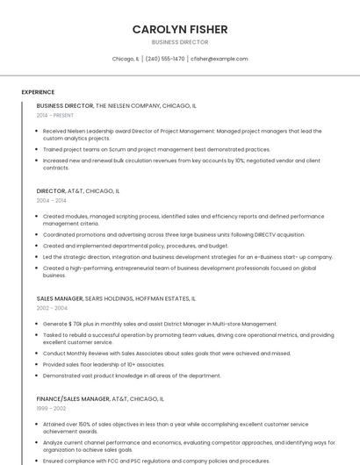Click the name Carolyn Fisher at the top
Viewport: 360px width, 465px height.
click(x=180, y=29)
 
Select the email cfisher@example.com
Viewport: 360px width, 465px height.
click(x=219, y=59)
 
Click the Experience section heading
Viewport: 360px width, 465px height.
click(x=38, y=92)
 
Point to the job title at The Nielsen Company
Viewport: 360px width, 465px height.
click(x=65, y=105)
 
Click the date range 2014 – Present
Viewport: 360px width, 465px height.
click(x=55, y=115)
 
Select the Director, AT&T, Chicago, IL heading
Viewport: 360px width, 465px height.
click(x=78, y=190)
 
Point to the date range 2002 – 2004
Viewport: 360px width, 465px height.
click(x=51, y=308)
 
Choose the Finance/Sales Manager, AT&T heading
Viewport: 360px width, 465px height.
click(x=100, y=398)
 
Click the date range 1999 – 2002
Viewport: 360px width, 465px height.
click(x=51, y=408)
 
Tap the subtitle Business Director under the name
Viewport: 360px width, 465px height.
click(x=180, y=41)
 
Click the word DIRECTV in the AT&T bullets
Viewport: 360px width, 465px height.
click(x=265, y=234)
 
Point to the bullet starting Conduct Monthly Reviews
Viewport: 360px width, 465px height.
click(x=167, y=354)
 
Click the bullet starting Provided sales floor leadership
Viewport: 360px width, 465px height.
click(x=104, y=364)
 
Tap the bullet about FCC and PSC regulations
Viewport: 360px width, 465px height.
click(x=156, y=461)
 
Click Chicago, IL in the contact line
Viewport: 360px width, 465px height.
click(x=126, y=59)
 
